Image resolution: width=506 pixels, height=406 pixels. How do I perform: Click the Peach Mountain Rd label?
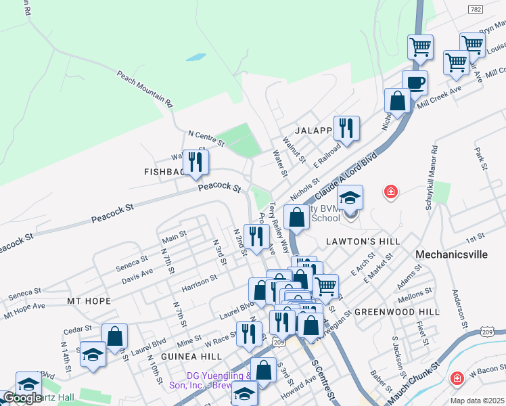(x=145, y=89)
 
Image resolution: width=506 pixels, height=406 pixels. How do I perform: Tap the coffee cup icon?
(x=415, y=83)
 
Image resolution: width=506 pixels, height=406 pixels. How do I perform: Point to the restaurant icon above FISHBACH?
(x=195, y=161)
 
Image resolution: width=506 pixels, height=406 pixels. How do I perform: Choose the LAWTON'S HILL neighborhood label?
(x=363, y=241)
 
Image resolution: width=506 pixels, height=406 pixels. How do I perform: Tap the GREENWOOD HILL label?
(x=397, y=312)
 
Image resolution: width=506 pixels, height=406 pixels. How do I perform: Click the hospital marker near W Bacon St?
(x=458, y=377)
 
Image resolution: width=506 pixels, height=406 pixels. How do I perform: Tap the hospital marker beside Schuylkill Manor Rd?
(x=390, y=192)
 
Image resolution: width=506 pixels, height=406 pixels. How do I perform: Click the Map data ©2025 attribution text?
(x=476, y=401)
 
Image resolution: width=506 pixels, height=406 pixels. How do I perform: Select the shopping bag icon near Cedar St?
(x=114, y=335)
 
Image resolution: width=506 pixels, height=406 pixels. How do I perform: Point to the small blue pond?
(x=195, y=58)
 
